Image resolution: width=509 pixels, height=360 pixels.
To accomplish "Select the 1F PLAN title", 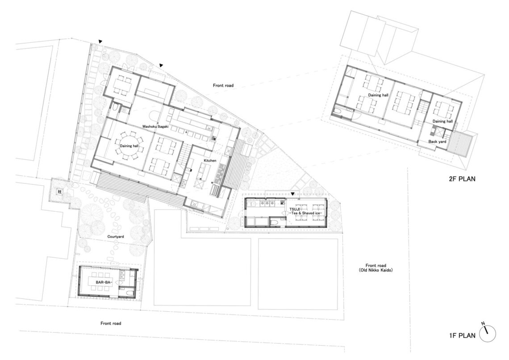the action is [462, 335].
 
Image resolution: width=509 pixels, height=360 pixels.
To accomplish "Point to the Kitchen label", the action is [210, 161].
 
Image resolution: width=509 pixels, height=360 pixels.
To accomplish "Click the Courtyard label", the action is [116, 237].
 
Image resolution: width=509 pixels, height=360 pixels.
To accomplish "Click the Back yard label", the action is [437, 142].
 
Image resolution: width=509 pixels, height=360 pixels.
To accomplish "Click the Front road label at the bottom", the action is [111, 323].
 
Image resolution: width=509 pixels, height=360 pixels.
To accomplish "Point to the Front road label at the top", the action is [223, 85].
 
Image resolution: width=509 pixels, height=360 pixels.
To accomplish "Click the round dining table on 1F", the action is [129, 146].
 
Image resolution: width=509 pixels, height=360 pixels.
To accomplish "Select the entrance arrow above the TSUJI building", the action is [293, 194].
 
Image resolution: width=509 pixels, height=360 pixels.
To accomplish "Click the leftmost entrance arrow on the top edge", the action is [100, 42].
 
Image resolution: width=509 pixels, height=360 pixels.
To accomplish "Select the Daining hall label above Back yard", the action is [442, 121].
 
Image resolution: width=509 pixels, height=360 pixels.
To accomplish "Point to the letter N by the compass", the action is [483, 324].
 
